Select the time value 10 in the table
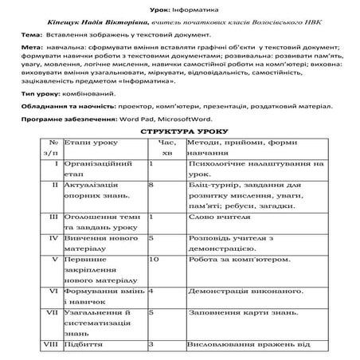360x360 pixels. click(x=155, y=259)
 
